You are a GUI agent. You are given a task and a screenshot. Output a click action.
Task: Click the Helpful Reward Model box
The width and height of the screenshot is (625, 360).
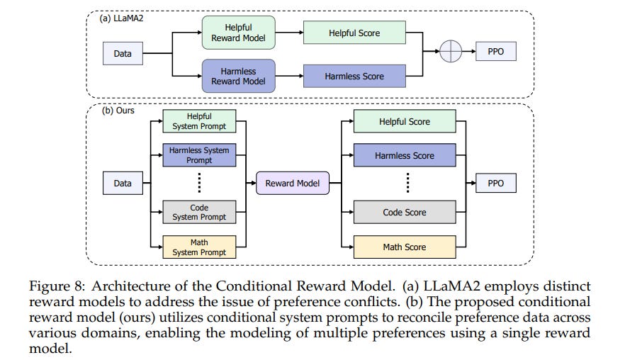(238, 33)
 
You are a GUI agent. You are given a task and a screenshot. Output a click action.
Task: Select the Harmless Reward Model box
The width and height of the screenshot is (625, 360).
(238, 76)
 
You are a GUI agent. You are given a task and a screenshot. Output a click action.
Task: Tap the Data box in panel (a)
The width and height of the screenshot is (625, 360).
(123, 53)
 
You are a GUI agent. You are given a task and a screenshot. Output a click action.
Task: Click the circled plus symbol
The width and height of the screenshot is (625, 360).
(451, 52)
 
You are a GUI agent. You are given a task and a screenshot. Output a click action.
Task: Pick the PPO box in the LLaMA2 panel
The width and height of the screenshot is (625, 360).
(496, 52)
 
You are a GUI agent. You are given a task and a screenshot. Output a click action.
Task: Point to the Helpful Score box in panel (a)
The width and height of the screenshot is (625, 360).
(354, 33)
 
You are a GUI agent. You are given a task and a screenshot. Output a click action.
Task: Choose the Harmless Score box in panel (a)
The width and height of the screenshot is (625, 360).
(354, 76)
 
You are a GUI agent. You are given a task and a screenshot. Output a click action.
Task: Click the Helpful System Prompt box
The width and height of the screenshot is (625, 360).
(199, 121)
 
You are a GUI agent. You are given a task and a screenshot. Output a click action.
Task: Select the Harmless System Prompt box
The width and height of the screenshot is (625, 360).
(199, 155)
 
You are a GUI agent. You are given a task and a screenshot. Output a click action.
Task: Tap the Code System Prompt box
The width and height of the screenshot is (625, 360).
(199, 212)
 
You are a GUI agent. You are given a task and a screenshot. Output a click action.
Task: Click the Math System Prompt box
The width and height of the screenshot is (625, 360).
(199, 247)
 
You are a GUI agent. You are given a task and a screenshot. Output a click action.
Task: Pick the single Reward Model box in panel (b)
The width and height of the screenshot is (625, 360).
(293, 183)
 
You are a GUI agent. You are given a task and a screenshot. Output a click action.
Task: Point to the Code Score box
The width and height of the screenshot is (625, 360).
(405, 212)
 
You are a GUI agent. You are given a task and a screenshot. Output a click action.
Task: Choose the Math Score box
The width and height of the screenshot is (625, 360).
(405, 247)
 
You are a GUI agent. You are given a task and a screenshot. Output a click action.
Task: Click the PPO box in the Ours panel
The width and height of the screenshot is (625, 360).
(496, 183)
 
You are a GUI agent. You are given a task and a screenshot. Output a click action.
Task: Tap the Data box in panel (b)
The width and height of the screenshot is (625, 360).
(123, 183)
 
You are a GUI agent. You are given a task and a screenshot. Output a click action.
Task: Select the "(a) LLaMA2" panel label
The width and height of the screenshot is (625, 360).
(122, 18)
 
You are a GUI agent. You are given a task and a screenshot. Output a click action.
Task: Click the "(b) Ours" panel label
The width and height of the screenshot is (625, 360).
(118, 111)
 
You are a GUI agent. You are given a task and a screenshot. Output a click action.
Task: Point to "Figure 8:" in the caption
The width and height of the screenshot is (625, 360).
(57, 286)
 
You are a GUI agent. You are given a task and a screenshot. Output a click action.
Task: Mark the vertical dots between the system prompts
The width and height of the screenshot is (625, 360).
(199, 183)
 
